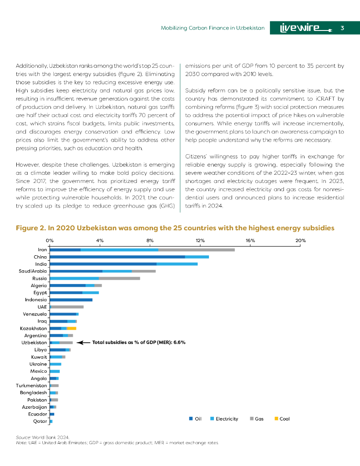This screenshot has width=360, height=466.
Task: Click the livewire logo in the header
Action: click(306, 28)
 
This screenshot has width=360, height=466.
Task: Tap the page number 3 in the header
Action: click(342, 28)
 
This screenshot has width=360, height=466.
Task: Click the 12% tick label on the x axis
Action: click(200, 240)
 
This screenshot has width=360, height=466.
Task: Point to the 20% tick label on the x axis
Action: click(300, 240)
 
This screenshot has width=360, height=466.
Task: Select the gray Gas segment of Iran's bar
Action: click(196, 249)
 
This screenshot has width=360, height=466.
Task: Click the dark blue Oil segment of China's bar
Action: click(117, 257)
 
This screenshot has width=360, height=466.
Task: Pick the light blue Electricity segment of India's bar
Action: click(177, 264)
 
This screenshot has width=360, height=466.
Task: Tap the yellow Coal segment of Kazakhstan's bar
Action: click(71, 328)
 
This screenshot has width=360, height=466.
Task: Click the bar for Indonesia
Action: click(71, 299)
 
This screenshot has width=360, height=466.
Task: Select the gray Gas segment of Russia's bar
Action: click(119, 278)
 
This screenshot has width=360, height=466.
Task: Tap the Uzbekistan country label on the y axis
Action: click(34, 342)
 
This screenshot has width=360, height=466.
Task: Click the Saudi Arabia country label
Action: click(31, 271)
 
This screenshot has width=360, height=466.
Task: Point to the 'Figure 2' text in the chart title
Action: click(30, 228)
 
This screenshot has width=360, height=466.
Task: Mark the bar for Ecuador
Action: click(52, 414)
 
